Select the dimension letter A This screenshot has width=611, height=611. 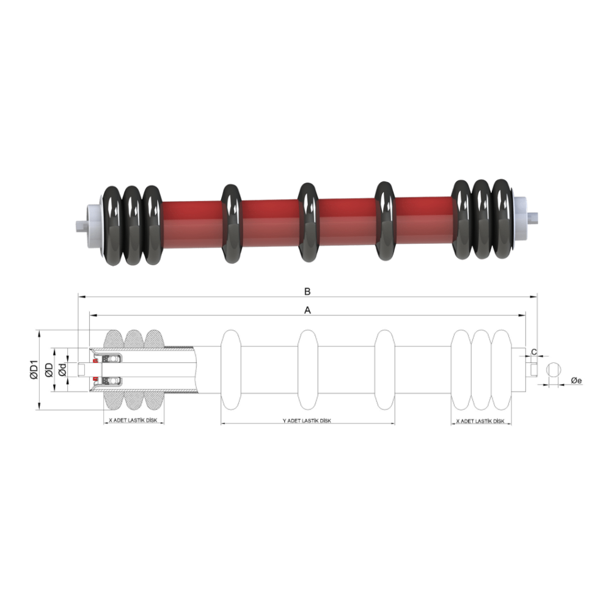(309, 310)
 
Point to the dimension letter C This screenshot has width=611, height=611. (534, 352)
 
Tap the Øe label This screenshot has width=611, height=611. (576, 381)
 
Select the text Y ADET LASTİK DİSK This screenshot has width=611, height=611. (307, 421)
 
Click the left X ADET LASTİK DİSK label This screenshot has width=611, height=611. (134, 421)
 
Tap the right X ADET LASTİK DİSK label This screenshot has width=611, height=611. (480, 421)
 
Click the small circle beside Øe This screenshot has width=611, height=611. (553, 370)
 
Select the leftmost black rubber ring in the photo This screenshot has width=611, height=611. (114, 225)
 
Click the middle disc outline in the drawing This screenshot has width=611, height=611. (309, 370)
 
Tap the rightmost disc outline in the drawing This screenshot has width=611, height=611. (502, 370)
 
